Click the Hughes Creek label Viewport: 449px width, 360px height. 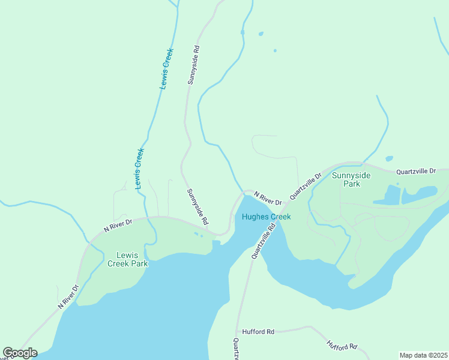pyautogui.click(x=266, y=217)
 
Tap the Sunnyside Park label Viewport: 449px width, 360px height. pyautogui.click(x=352, y=179)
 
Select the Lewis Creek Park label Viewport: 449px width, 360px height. pyautogui.click(x=127, y=259)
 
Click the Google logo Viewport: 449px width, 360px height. pyautogui.click(x=20, y=353)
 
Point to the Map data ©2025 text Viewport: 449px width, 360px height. pyautogui.click(x=423, y=355)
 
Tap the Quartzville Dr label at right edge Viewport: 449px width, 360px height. pyautogui.click(x=416, y=171)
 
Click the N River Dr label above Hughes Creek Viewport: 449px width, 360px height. pyautogui.click(x=268, y=198)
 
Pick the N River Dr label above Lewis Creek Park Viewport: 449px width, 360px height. pyautogui.click(x=118, y=224)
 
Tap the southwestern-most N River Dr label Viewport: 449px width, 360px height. pyautogui.click(x=68, y=297)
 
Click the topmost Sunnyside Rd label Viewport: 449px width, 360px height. pyautogui.click(x=193, y=64)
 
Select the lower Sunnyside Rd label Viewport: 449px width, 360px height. pyautogui.click(x=197, y=206)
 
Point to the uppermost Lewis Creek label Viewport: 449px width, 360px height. pyautogui.click(x=166, y=69)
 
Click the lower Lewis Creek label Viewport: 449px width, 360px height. pyautogui.click(x=139, y=169)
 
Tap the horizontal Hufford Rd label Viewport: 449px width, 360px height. pyautogui.click(x=258, y=331)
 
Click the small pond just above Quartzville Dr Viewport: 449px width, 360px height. pyautogui.click(x=390, y=159)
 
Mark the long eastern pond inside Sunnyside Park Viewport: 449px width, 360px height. pyautogui.click(x=420, y=194)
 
